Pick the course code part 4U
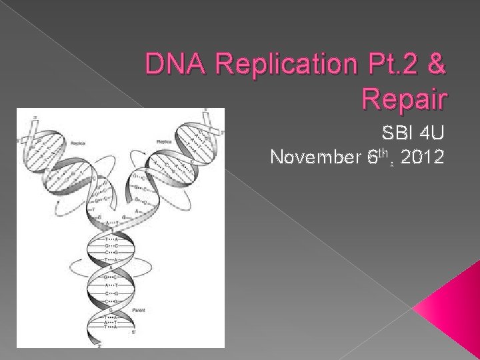click(x=426, y=135)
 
